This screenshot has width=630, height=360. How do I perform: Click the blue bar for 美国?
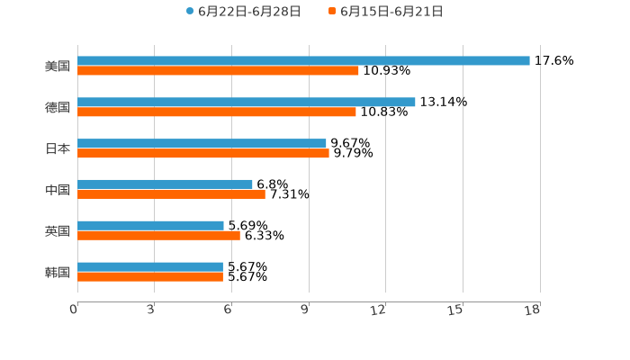tap(303, 61)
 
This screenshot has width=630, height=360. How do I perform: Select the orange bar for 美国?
tap(218, 71)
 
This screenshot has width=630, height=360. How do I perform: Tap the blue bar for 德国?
tap(247, 103)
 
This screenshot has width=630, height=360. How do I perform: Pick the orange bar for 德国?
tap(217, 112)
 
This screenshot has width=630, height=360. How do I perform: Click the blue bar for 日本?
tap(202, 144)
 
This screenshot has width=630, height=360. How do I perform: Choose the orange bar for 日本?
tap(203, 154)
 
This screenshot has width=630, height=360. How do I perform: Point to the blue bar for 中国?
tap(165, 184)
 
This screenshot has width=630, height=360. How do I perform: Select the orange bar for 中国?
tap(171, 194)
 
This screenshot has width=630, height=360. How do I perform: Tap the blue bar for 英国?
tap(150, 226)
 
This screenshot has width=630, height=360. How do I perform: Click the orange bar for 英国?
tap(158, 236)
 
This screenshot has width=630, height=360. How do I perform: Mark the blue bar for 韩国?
tap(150, 267)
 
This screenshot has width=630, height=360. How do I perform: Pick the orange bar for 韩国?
tap(150, 277)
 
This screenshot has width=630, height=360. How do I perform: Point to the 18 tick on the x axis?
tap(533, 310)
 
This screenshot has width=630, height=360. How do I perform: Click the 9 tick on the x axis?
tap(305, 310)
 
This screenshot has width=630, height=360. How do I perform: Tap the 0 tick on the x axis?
tap(75, 310)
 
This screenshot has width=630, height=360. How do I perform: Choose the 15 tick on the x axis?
tap(456, 310)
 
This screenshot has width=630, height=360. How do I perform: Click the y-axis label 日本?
tap(58, 149)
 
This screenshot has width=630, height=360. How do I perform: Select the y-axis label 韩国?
tap(58, 273)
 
